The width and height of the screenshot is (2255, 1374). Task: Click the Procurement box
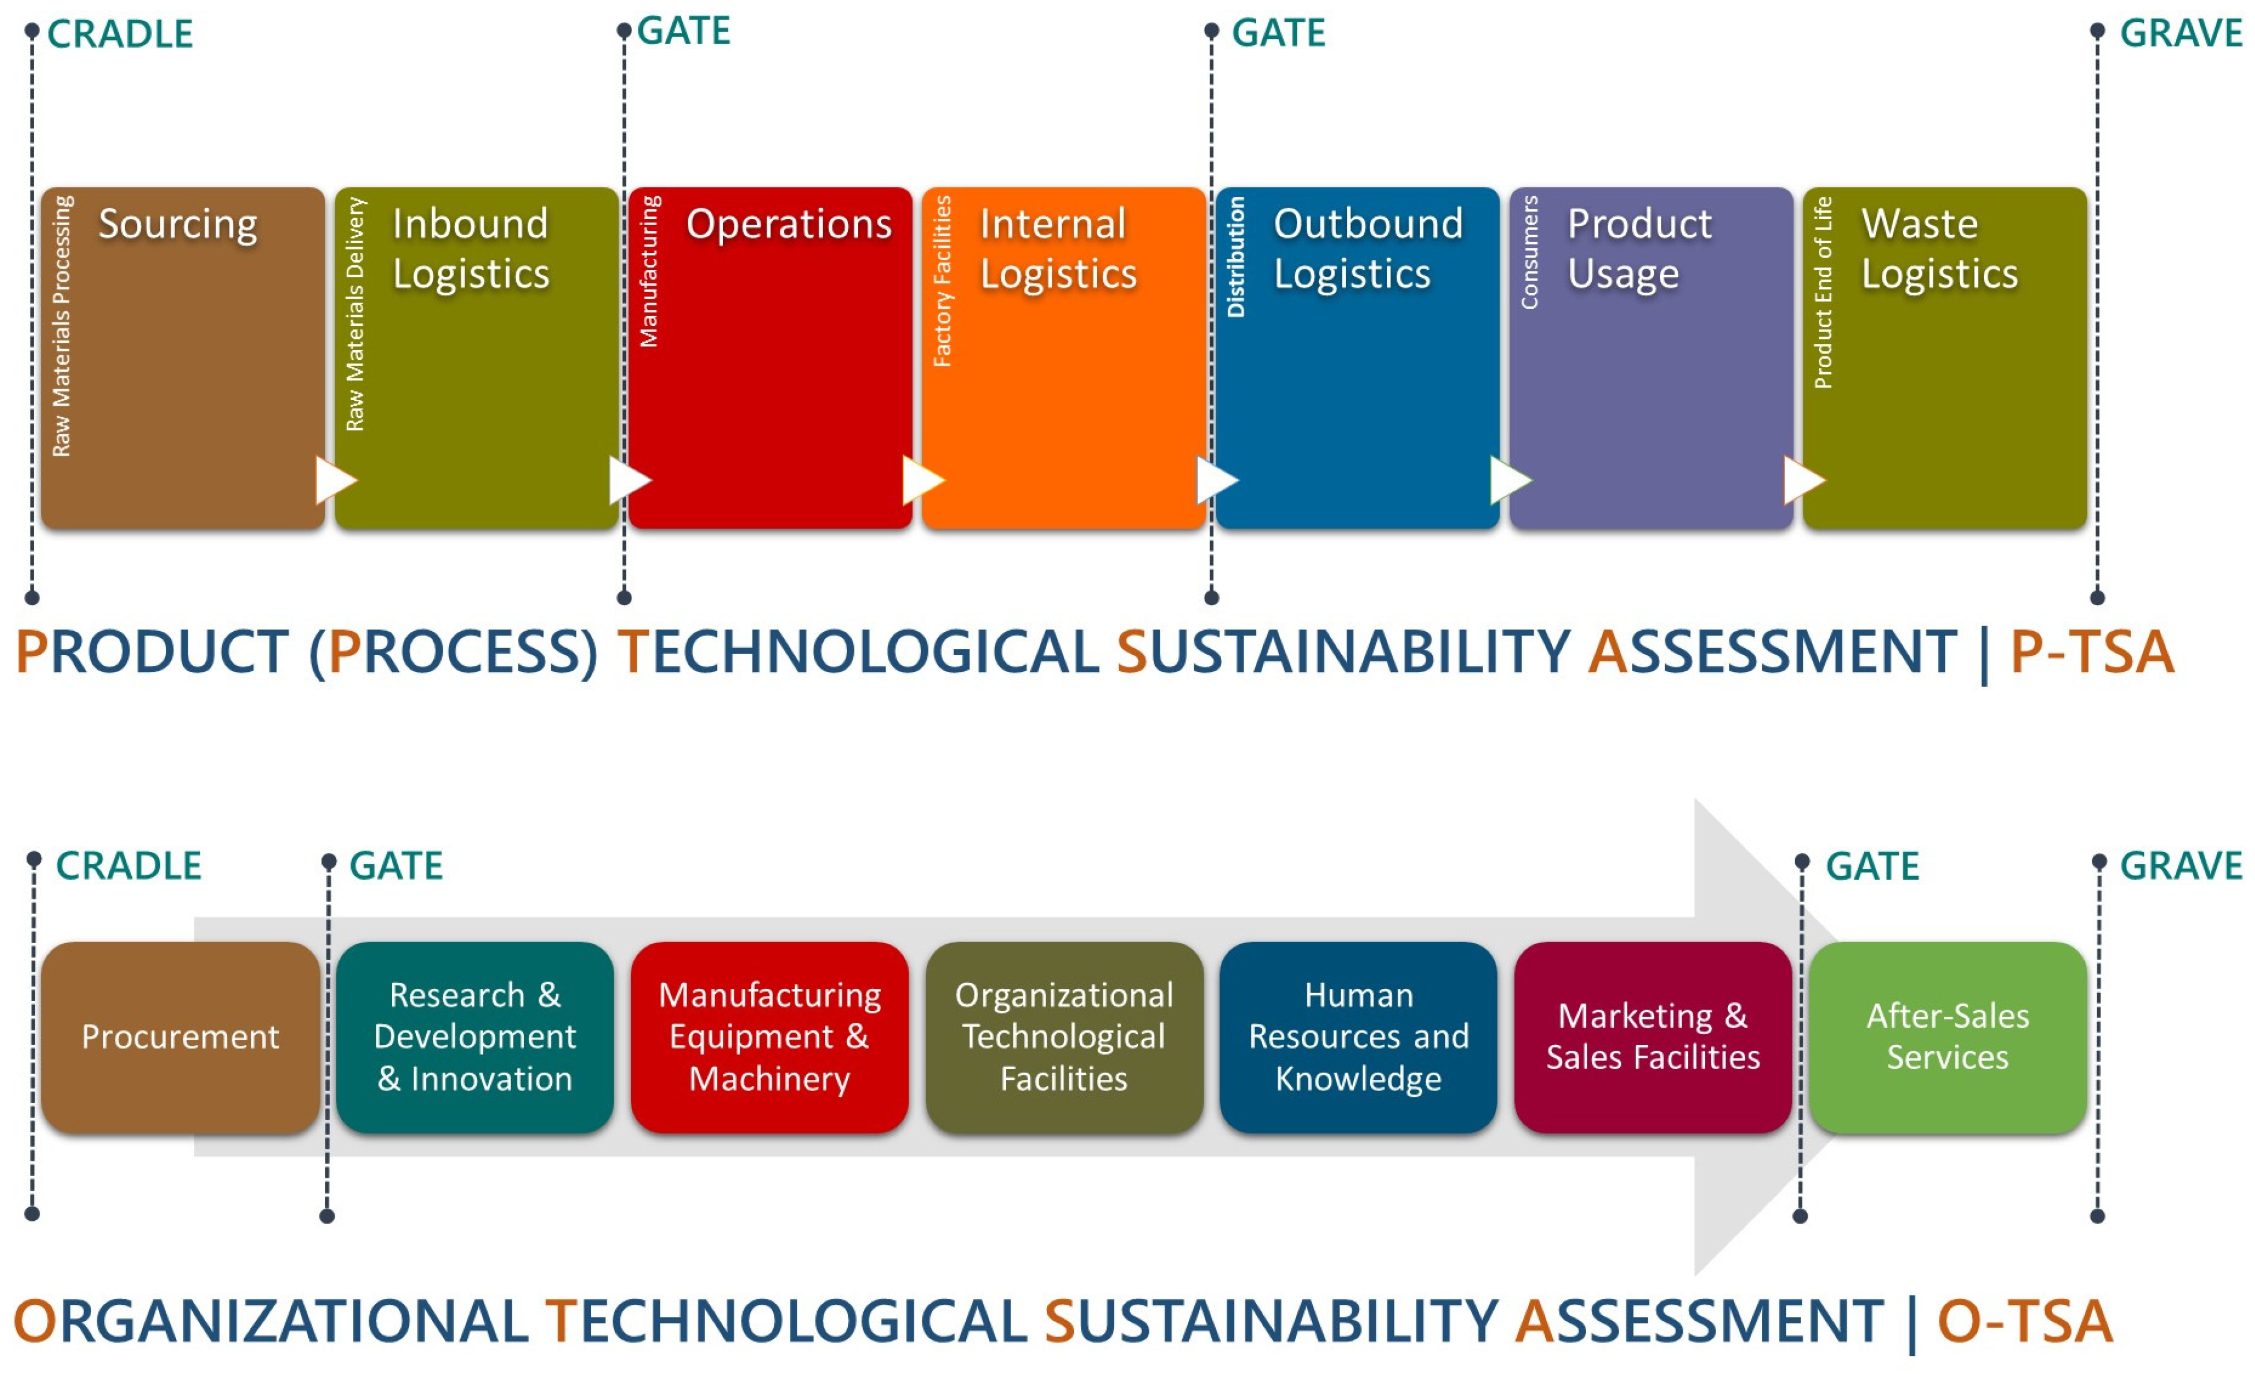[x=180, y=1037]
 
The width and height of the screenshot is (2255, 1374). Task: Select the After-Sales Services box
[x=1947, y=1037]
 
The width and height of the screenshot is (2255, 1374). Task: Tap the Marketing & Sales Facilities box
[x=1652, y=1037]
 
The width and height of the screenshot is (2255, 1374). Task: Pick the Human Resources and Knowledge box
[x=1358, y=1037]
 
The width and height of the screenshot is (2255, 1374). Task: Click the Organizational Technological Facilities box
[x=1064, y=1037]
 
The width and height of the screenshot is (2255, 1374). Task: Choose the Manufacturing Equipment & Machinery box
[x=769, y=1037]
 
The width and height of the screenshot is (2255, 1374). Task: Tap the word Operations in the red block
[x=788, y=224]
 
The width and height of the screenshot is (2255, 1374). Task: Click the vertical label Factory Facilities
[x=941, y=281]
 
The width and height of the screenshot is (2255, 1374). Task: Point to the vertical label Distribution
[x=1236, y=257]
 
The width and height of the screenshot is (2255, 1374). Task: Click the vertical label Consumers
[x=1530, y=253]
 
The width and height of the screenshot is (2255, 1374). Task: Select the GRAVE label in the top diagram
[x=2180, y=34]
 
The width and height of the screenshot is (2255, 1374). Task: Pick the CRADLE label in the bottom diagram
[x=128, y=866]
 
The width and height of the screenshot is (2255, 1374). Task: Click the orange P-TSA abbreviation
[x=2091, y=652]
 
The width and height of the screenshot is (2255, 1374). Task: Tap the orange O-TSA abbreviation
[x=2024, y=1322]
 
